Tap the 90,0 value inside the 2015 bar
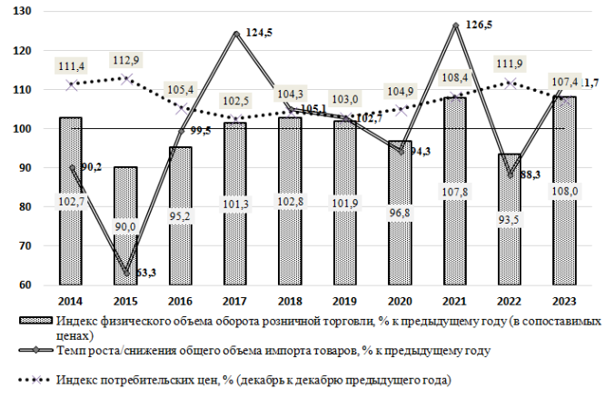(125, 227)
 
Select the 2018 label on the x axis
(290, 300)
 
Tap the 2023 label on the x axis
(563, 300)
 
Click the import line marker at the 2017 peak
(235, 35)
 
